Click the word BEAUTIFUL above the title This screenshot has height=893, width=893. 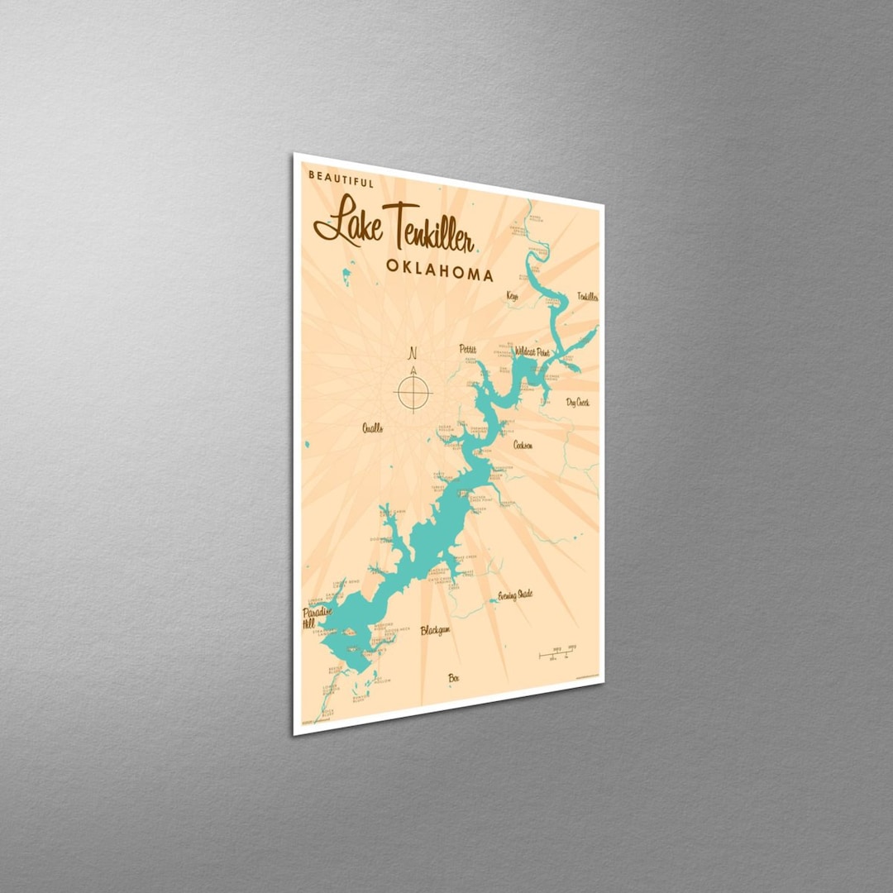[341, 177]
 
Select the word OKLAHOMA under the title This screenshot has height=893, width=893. [439, 270]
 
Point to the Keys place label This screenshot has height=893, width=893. [512, 295]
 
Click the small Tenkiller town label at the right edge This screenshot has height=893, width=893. [587, 296]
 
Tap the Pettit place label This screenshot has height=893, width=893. [468, 350]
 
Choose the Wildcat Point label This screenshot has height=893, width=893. [532, 352]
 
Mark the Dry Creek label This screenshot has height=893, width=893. [577, 403]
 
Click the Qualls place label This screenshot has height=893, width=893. [372, 427]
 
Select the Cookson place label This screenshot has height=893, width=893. [523, 445]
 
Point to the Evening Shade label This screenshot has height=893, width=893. [514, 595]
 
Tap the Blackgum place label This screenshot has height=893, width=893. [435, 630]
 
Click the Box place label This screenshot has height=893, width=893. [453, 678]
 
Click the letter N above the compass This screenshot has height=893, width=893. [412, 353]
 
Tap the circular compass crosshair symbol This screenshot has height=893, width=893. [413, 392]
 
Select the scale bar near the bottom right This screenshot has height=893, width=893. [557, 654]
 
